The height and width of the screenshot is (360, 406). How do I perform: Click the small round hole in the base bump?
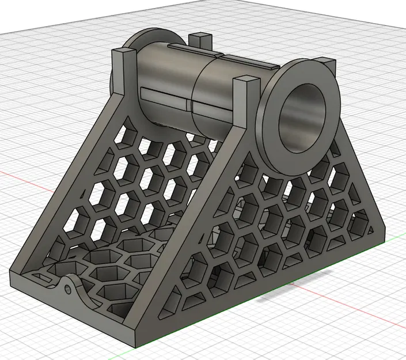pyautogui.click(x=69, y=286)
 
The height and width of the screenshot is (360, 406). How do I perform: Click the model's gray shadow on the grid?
pyautogui.click(x=299, y=294)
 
